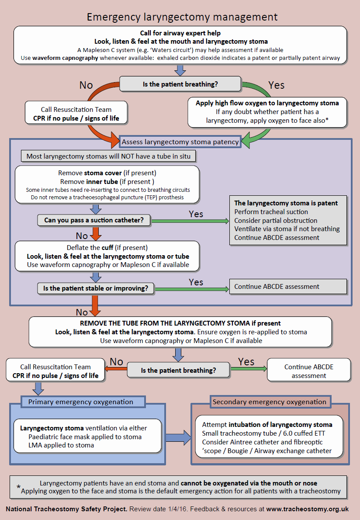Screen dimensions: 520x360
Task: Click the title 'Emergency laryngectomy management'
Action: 182,17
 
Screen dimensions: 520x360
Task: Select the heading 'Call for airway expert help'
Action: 180,33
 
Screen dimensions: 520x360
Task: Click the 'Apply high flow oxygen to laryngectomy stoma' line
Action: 268,103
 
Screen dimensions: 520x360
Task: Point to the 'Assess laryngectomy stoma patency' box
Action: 180,142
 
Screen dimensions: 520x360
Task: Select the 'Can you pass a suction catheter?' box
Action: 94,220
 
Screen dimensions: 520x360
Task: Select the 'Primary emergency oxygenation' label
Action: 81,402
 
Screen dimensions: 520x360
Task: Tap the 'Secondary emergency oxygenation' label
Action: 270,402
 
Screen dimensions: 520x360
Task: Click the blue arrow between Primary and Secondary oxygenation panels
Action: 178,437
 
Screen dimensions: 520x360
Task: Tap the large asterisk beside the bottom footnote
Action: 18,488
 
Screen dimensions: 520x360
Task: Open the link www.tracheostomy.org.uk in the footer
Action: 307,509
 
